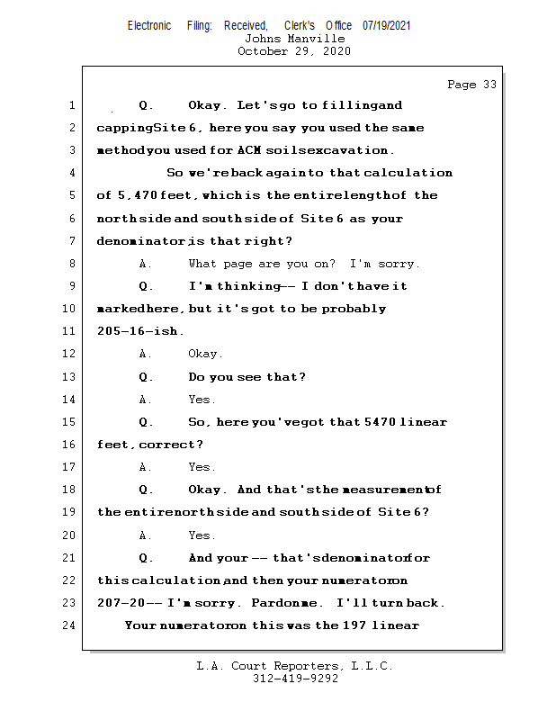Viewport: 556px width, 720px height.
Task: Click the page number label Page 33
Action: [471, 85]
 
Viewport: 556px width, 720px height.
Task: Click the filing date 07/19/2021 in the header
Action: [387, 25]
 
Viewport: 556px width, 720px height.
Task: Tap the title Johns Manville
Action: [294, 39]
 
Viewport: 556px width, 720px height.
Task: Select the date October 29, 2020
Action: [294, 51]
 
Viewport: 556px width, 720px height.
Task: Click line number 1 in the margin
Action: [71, 105]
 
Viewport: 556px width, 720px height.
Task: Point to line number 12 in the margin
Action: [68, 354]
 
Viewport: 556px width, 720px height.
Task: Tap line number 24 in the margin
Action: [68, 625]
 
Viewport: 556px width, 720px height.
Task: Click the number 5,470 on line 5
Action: [137, 195]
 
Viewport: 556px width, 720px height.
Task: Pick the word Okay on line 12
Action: [204, 354]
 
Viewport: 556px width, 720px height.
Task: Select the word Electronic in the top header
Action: [149, 25]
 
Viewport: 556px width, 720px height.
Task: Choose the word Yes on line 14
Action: [201, 399]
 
